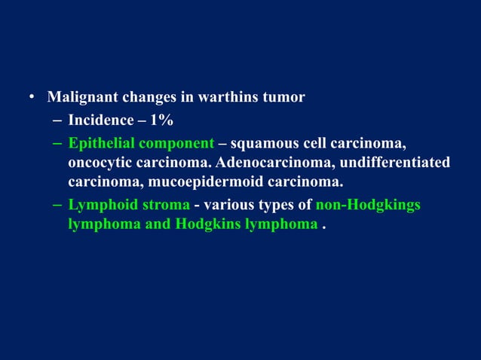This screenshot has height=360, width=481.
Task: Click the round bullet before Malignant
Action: (32, 99)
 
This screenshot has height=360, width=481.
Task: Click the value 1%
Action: (161, 120)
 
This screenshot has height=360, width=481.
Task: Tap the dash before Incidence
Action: (59, 121)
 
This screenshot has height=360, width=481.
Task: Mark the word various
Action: (228, 205)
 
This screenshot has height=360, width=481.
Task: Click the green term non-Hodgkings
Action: (368, 205)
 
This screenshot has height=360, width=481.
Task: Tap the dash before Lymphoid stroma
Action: (59, 206)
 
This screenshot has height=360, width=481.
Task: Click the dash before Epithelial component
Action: (59, 143)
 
